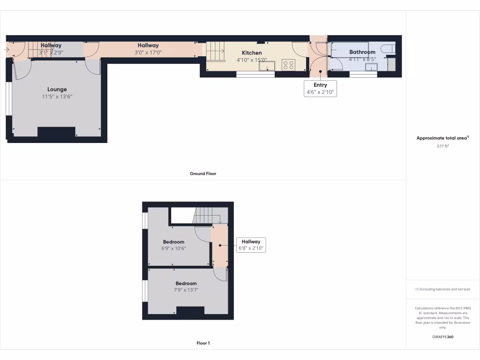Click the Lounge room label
tap(57, 90)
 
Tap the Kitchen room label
tap(252, 53)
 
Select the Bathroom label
tap(362, 52)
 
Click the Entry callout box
tap(321, 89)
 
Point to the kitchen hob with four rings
tap(288, 65)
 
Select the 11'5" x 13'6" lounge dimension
tap(57, 97)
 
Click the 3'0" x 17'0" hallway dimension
tap(148, 52)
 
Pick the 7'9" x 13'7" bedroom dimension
tap(186, 290)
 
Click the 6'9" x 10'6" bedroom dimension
tap(173, 248)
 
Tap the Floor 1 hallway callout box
tap(251, 245)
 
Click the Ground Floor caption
tap(203, 173)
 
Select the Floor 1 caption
tap(203, 343)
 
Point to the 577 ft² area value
tap(442, 146)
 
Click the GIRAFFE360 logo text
tap(442, 337)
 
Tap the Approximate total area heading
tap(442, 138)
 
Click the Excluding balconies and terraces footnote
tap(442, 289)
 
